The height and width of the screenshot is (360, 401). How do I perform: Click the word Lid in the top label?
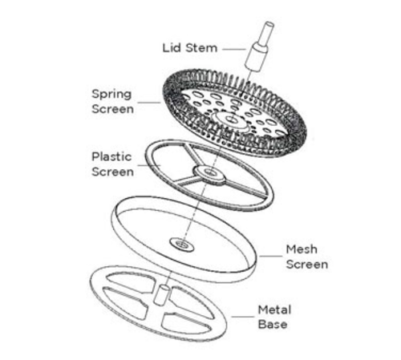172,48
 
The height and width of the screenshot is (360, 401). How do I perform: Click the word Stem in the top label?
201,48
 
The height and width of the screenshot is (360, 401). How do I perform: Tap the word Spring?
111,95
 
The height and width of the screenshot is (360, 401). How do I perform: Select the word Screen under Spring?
112,109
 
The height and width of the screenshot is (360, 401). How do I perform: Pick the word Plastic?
111,156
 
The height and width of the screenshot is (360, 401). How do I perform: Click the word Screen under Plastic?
112,172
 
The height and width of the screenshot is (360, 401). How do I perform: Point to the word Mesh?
302,249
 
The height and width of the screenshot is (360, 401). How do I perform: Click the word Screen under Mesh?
307,265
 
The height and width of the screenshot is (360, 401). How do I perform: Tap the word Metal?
274,310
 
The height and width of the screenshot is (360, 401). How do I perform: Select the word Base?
273,325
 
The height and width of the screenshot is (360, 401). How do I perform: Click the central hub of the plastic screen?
210,175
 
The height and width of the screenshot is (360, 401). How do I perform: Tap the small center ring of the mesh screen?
182,245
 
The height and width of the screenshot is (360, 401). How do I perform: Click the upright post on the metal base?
161,295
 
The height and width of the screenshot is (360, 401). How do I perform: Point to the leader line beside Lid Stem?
233,49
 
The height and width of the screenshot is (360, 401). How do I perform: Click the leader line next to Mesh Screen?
270,256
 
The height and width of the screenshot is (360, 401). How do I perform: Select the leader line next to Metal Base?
242,317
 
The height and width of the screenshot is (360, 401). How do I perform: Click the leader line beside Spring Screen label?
149,103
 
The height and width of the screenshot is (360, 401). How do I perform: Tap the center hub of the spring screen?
230,119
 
